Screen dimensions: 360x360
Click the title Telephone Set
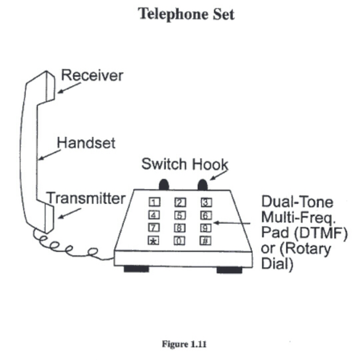coord(186,14)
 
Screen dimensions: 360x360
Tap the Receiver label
coord(92,76)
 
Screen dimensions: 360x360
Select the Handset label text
coord(86,143)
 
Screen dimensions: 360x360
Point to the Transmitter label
coord(86,198)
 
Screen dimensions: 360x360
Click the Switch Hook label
coord(185,164)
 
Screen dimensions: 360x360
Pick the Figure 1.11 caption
coord(184,344)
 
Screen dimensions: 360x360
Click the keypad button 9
coord(205,228)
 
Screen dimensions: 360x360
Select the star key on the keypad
coord(153,241)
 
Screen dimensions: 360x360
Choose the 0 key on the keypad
coord(179,241)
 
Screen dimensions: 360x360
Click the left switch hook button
coord(164,185)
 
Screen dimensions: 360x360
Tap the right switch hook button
coord(202,185)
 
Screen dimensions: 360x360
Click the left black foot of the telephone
coord(136,269)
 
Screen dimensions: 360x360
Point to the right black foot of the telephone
coord(229,269)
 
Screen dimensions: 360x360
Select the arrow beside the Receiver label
coord(69,88)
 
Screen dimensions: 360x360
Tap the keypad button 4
coord(154,215)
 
